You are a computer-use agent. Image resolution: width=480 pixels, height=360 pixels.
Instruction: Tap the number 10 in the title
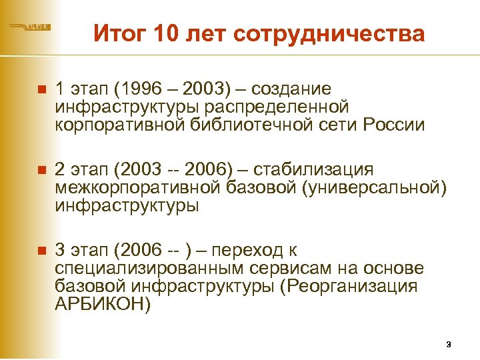pos(166,33)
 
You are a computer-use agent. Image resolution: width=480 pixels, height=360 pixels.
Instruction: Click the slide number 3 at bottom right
pos(449,345)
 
